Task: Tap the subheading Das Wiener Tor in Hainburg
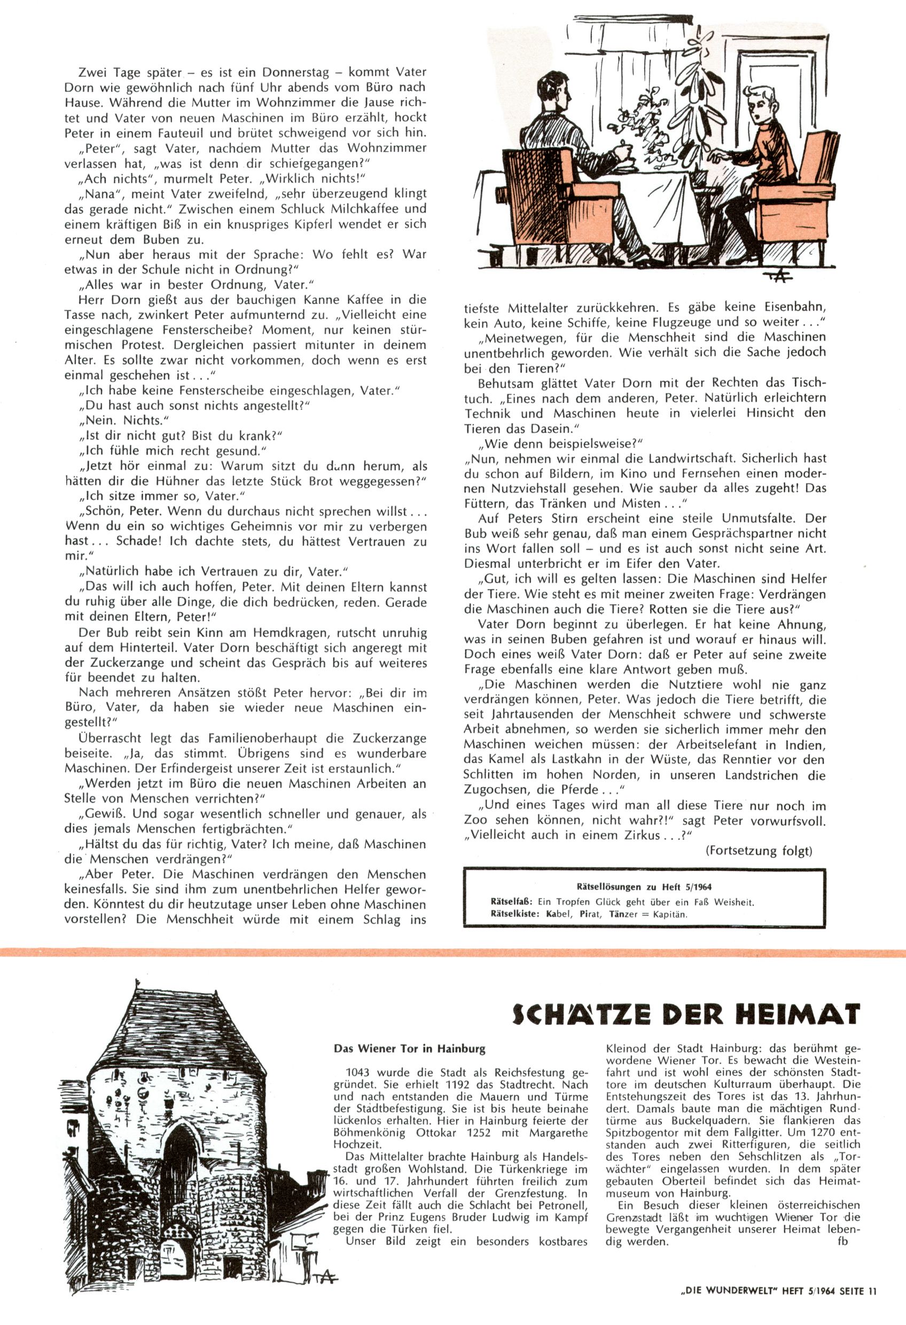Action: tap(409, 1048)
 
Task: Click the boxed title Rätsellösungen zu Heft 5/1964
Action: tap(644, 886)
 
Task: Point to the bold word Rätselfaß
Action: tap(511, 902)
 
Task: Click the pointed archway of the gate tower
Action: tap(179, 1152)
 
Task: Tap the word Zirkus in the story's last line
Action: tap(652, 835)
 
